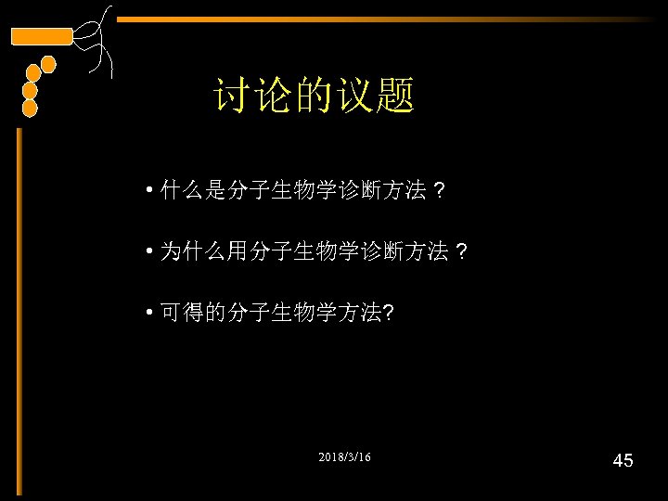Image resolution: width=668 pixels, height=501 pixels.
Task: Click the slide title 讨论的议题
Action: (x=314, y=96)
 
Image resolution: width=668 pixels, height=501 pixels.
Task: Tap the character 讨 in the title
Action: (x=231, y=96)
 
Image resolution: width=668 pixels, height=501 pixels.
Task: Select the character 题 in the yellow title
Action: (x=397, y=96)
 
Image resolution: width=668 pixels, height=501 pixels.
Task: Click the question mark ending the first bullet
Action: (x=440, y=192)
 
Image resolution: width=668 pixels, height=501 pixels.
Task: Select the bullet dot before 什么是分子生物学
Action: (x=149, y=193)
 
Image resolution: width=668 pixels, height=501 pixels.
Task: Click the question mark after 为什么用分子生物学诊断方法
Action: (x=462, y=252)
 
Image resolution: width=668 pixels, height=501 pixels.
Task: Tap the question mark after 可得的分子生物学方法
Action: (x=387, y=314)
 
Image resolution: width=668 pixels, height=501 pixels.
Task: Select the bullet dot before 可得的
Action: (x=149, y=315)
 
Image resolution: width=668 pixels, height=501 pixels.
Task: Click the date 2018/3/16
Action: (x=344, y=458)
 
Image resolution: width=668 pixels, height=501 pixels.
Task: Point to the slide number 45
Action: (x=623, y=460)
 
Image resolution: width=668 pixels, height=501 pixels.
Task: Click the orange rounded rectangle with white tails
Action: (x=41, y=36)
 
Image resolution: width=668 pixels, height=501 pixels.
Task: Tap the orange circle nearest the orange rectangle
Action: (x=48, y=64)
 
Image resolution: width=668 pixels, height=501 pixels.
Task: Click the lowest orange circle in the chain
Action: (x=30, y=109)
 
